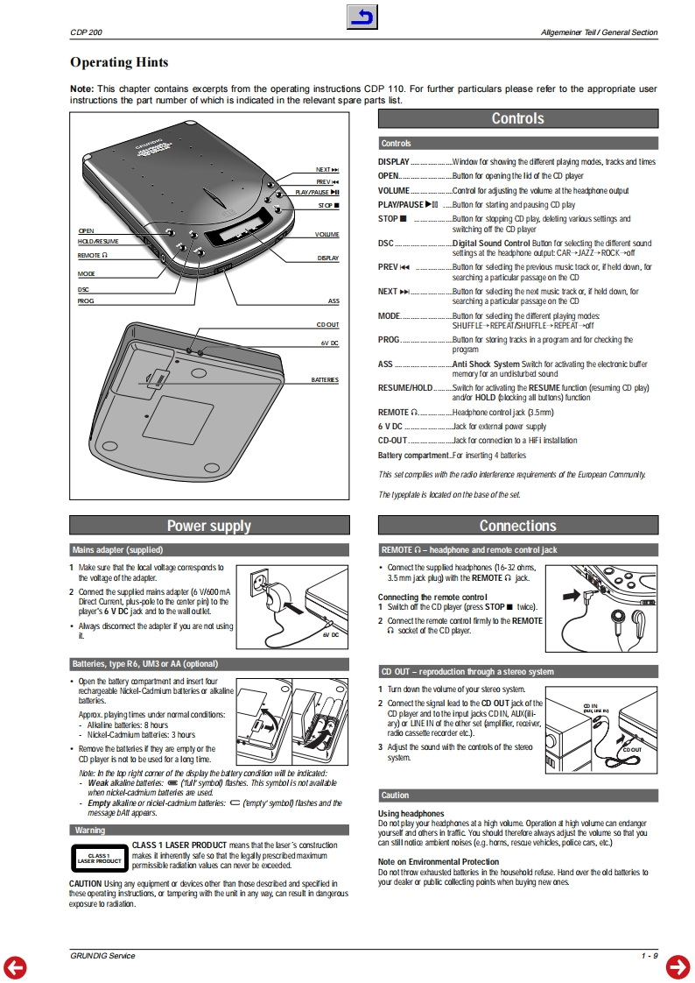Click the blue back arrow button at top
click(x=362, y=17)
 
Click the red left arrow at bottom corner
click(x=15, y=966)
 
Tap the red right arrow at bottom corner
click(x=678, y=966)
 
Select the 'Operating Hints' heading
click(x=119, y=62)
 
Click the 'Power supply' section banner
click(x=208, y=526)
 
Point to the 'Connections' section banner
click(x=517, y=526)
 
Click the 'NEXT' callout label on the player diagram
click(x=327, y=169)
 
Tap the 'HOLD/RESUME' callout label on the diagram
click(x=98, y=241)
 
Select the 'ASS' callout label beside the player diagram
click(x=333, y=301)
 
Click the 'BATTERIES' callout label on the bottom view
click(x=325, y=380)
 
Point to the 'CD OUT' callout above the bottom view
click(x=327, y=325)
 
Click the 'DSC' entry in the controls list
click(x=386, y=244)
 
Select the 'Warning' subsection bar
click(x=208, y=830)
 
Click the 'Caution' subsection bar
click(x=517, y=796)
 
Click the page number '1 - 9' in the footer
click(x=648, y=955)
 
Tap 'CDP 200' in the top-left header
click(x=86, y=33)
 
